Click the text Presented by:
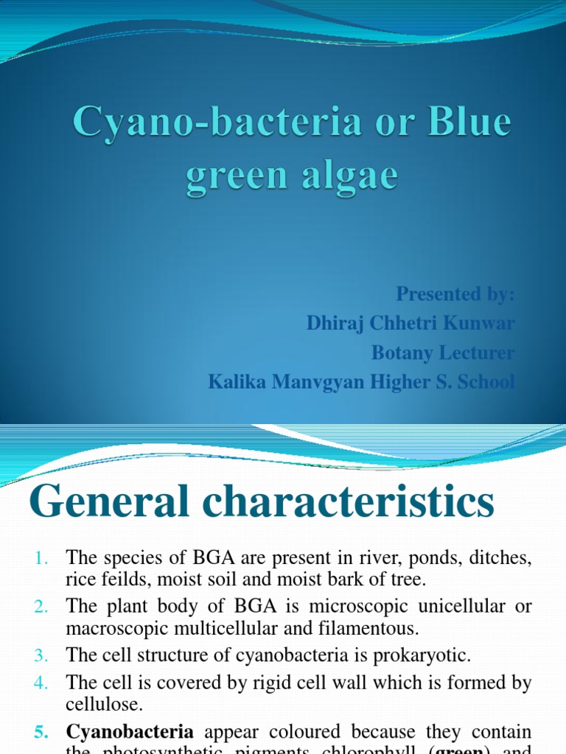pos(455,294)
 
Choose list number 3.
pos(40,655)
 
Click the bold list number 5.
pos(40,733)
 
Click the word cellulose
pos(103,705)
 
